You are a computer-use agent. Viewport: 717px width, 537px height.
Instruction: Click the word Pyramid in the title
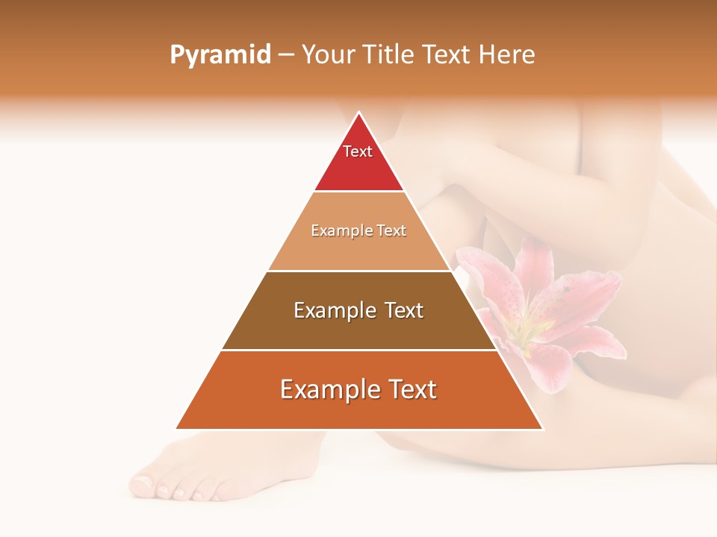tap(220, 54)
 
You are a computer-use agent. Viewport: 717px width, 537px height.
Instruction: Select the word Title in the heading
tap(391, 54)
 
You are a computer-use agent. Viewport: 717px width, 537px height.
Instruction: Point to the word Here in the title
tap(506, 54)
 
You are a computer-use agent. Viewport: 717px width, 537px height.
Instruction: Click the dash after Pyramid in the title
tap(285, 55)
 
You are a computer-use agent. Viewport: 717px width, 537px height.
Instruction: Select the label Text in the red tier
tap(358, 151)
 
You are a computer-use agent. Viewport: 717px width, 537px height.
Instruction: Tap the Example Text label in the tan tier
tap(358, 230)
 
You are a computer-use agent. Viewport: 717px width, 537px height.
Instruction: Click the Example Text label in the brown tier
tap(358, 310)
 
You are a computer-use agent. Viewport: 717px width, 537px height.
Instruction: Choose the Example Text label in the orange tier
tap(358, 389)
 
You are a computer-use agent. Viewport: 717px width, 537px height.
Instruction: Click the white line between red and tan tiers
tap(358, 192)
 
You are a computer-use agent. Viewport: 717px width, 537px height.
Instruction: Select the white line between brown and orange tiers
tap(358, 350)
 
